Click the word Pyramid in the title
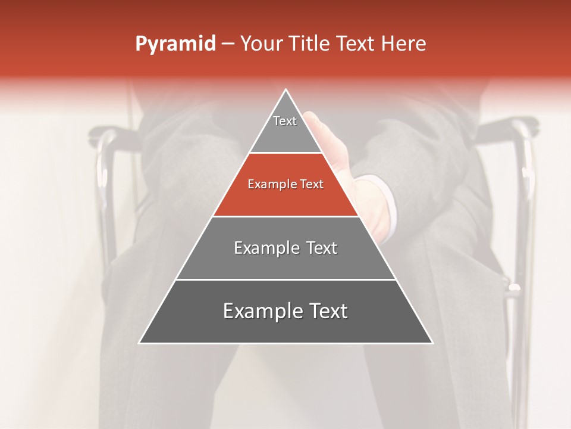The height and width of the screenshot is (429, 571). (175, 44)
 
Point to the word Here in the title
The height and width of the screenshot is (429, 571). (403, 43)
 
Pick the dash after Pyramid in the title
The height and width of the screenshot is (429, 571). (228, 44)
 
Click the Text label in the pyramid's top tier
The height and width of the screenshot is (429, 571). (285, 121)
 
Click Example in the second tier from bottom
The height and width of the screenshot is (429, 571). (265, 248)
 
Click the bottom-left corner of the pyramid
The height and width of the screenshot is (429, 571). (140, 343)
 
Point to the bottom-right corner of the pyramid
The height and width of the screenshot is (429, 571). (432, 343)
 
